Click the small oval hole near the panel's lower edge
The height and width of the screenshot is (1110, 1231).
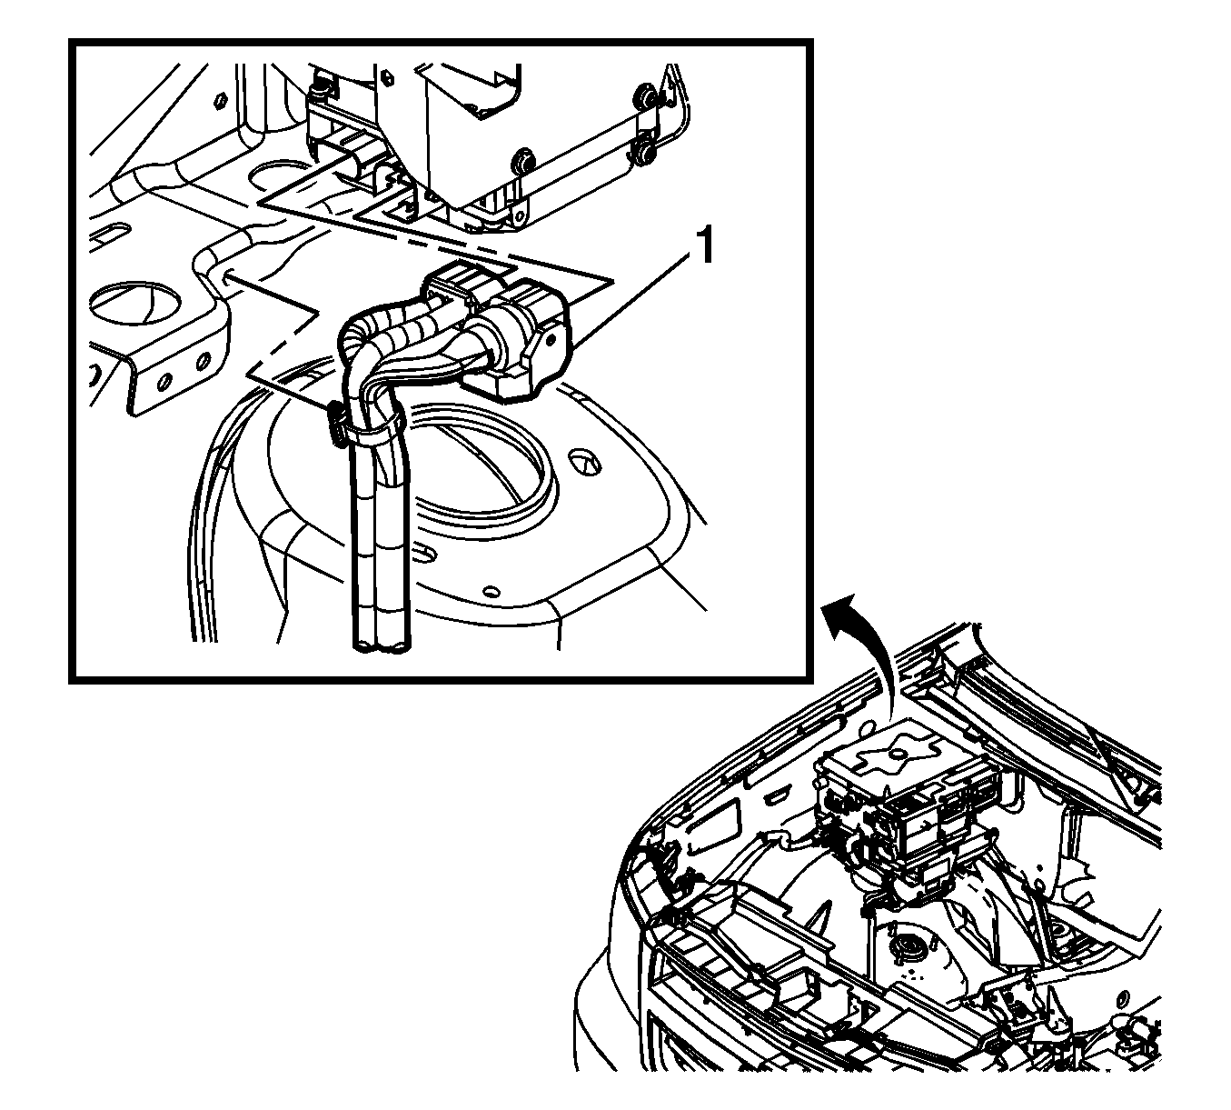(x=490, y=592)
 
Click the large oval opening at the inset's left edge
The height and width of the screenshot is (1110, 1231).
(x=136, y=304)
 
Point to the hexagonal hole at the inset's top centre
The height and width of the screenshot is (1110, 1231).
(x=387, y=76)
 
